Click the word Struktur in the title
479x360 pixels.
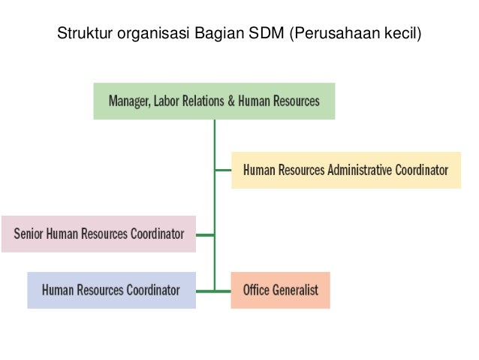click(x=80, y=34)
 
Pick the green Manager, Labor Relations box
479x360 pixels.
click(x=214, y=101)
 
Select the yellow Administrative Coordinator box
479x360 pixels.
click(x=346, y=170)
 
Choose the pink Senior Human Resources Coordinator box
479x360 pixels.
click(x=98, y=234)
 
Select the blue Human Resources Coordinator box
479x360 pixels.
click(x=111, y=289)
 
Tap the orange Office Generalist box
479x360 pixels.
click(x=280, y=289)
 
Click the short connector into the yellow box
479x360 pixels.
click(x=223, y=170)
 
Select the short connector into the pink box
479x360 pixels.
click(x=205, y=234)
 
